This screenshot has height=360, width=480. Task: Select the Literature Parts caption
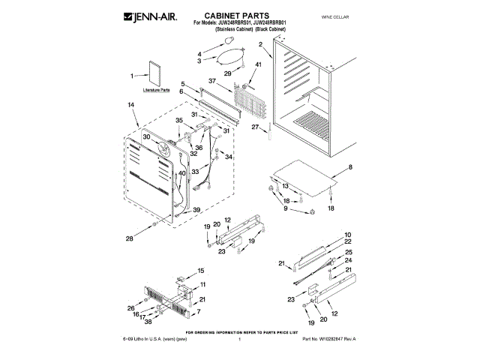tap(155, 90)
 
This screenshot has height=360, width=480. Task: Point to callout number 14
tap(131, 106)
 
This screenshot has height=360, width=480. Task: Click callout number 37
tap(212, 80)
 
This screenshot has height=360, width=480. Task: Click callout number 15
tap(200, 270)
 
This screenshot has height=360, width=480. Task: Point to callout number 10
tap(348, 235)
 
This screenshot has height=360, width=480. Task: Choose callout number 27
tap(256, 128)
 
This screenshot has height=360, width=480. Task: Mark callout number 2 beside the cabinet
tap(260, 46)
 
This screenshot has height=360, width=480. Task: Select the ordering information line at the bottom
tap(243, 331)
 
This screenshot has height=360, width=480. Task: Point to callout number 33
tap(195, 172)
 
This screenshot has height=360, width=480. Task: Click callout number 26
tap(131, 307)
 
